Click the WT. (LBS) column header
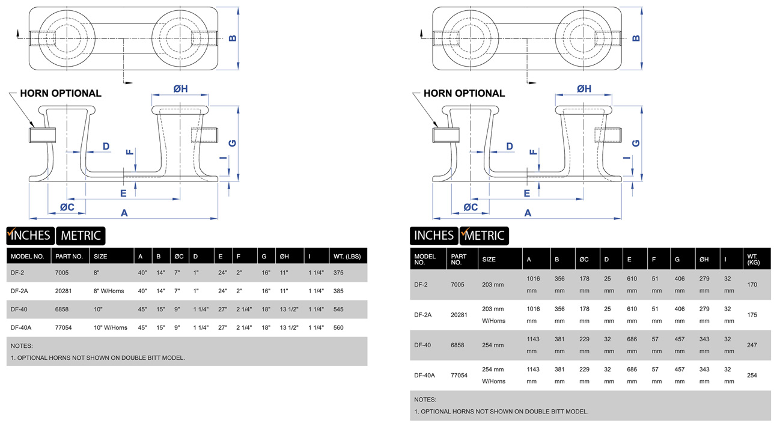pyautogui.click(x=347, y=257)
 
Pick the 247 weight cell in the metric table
pyautogui.click(x=752, y=345)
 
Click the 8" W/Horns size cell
pyautogui.click(x=108, y=291)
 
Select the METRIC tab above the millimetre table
pyautogui.click(x=484, y=236)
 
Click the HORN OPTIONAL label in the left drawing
pyautogui.click(x=61, y=94)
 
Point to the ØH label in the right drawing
pyautogui.click(x=583, y=89)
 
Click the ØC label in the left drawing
pyautogui.click(x=67, y=207)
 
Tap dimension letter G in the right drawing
pyautogui.click(x=636, y=143)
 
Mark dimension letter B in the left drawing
pyautogui.click(x=233, y=38)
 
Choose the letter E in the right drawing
pyautogui.click(x=527, y=193)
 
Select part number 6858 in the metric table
pyautogui.click(x=458, y=345)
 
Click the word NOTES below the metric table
pyautogui.click(x=425, y=400)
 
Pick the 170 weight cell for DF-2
pyautogui.click(x=752, y=285)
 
